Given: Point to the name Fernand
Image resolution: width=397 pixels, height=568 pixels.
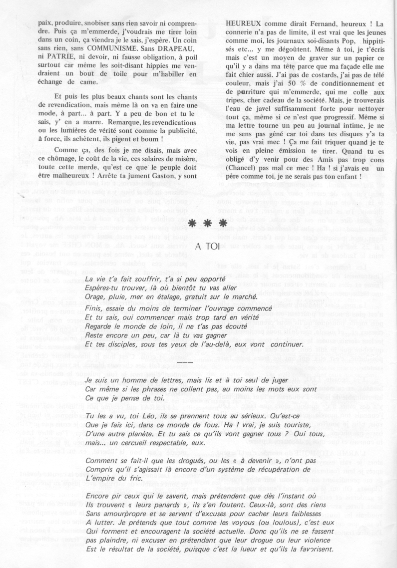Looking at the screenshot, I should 320,24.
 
